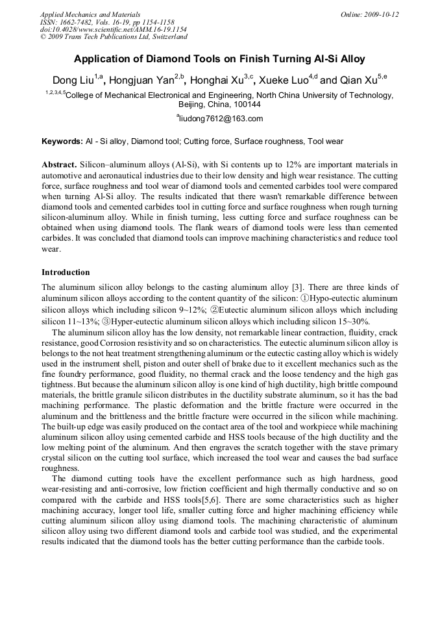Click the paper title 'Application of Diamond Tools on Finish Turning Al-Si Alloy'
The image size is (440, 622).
[x=219, y=59]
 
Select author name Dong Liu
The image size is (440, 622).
[x=73, y=81]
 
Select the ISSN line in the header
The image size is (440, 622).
[x=107, y=22]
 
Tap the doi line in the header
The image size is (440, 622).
[x=114, y=30]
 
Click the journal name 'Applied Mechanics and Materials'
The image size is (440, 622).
[x=90, y=14]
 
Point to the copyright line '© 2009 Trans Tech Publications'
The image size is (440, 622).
[x=114, y=37]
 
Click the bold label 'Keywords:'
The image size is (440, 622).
[x=62, y=141]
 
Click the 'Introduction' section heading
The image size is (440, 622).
[x=66, y=272]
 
